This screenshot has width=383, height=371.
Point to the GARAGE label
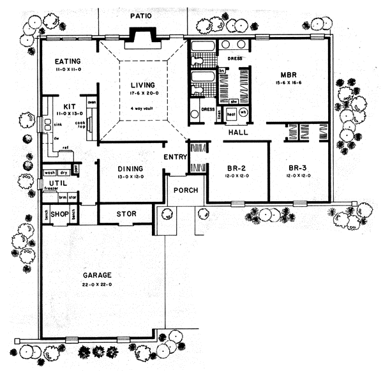click(x=97, y=275)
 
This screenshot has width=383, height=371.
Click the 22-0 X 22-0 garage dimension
click(x=97, y=285)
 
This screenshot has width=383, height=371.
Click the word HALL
click(x=238, y=133)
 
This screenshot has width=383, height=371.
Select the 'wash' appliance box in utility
click(x=49, y=172)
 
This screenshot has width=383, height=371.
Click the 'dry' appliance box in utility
click(x=63, y=172)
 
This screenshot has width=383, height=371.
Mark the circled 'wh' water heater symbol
click(x=243, y=112)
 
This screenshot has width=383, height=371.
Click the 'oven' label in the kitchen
click(x=91, y=103)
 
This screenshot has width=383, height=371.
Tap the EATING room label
click(x=68, y=57)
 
